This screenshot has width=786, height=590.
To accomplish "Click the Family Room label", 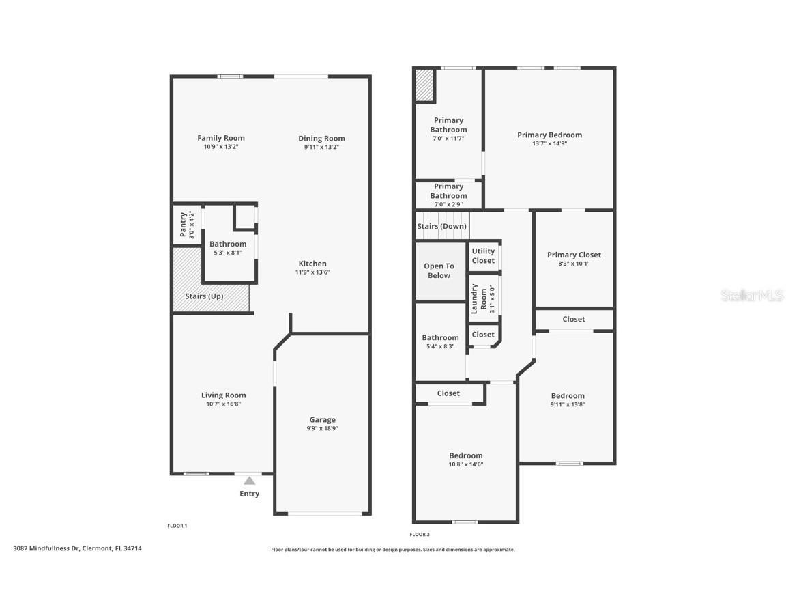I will coord(221,138).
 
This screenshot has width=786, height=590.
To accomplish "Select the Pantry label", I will coord(183,225).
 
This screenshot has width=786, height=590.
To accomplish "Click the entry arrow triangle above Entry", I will coord(250,481).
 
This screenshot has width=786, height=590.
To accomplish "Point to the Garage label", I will coord(322,420).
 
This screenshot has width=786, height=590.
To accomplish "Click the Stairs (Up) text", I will coord(204,296).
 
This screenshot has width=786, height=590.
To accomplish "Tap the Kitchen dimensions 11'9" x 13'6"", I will coord(312,272).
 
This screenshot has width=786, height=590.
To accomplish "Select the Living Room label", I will coord(223,395).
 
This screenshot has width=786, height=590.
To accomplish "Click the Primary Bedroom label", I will coord(549,135).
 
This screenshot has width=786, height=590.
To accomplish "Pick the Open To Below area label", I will coord(439,270).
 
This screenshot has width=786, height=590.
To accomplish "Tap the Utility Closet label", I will coord(483,255).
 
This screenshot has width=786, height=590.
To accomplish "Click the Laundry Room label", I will coord(480,298).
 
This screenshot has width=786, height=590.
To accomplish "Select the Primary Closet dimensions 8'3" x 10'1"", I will coord(574,263).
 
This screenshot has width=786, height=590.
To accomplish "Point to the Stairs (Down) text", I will coord(441,226).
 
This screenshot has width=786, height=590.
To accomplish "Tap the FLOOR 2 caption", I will coord(420,534).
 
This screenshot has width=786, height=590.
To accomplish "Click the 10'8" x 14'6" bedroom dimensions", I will coord(465,464).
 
